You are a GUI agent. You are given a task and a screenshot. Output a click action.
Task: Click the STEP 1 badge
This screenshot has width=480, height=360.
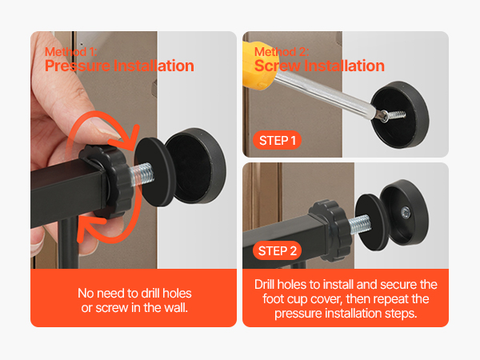(x=277, y=141)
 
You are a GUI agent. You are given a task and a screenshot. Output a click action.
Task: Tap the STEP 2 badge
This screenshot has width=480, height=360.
(x=277, y=250)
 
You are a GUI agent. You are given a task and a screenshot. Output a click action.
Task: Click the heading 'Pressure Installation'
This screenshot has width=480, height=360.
(x=119, y=66)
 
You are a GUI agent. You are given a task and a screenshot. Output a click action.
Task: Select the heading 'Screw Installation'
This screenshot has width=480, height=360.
(x=319, y=66)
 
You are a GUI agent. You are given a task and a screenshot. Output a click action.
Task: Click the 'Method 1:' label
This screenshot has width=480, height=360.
(x=71, y=52)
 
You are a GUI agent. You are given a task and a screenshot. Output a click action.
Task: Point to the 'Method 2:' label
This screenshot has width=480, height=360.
(x=282, y=52)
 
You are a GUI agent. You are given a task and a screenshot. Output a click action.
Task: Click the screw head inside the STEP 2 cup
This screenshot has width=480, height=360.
(x=406, y=211)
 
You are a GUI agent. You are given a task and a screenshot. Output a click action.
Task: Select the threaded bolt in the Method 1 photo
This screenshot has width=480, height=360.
(x=142, y=174)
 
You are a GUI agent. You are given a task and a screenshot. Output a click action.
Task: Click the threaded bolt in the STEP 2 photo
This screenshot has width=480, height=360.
(x=360, y=224)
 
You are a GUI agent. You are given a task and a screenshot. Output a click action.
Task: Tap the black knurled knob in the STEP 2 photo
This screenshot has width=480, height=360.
(x=329, y=230)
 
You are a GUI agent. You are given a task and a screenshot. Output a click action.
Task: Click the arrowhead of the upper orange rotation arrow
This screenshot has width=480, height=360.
(x=130, y=138)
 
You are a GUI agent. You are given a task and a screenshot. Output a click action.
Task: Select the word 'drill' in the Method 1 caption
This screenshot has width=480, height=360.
(x=150, y=294)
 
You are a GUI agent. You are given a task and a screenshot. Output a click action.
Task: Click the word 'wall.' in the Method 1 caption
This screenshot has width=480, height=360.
(x=176, y=308)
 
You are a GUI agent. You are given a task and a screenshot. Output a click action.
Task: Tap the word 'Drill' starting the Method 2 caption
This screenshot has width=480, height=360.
(x=265, y=284)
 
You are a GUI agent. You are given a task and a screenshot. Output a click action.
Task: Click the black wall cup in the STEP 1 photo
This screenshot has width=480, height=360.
(x=399, y=114)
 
